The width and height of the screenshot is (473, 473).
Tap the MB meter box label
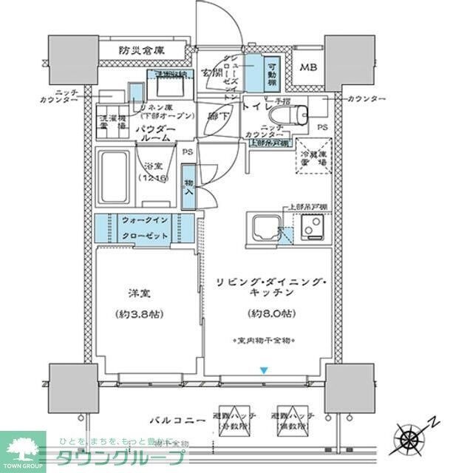click(x=309, y=68)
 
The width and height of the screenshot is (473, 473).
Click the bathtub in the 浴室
click(x=113, y=177)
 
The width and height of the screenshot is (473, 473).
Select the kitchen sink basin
click(x=263, y=227)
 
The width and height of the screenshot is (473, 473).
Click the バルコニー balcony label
click(x=174, y=419)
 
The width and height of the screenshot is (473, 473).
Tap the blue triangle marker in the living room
click(x=262, y=370)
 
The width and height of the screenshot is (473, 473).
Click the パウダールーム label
click(x=154, y=133)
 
